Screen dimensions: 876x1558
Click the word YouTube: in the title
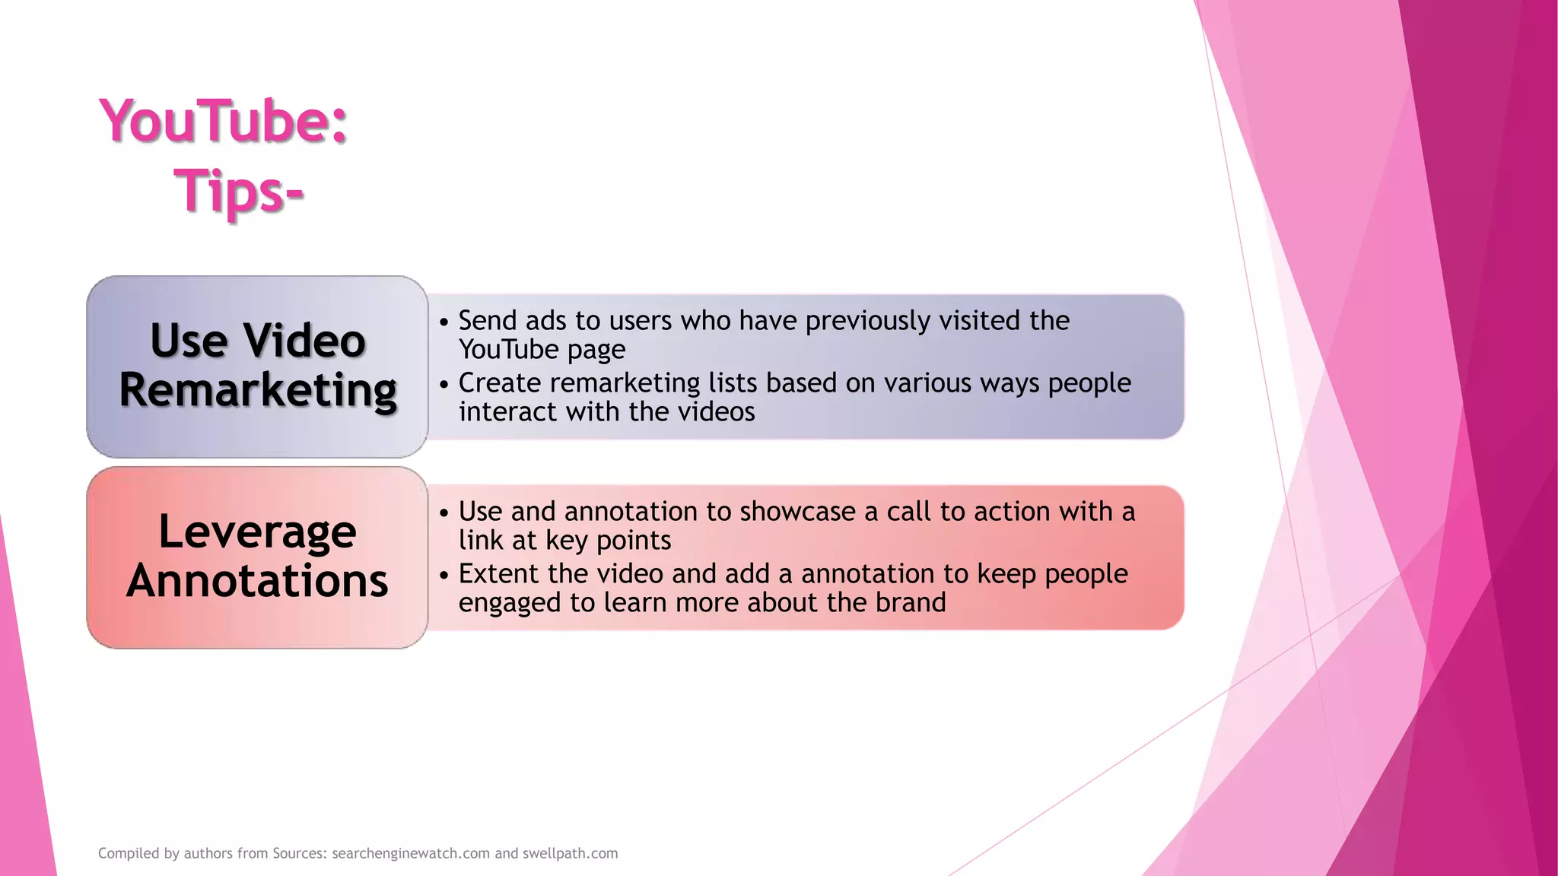[224, 122]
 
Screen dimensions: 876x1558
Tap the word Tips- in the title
[239, 191]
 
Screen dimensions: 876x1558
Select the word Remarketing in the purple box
[258, 391]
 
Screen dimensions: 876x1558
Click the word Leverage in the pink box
[257, 532]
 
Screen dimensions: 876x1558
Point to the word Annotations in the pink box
[257, 581]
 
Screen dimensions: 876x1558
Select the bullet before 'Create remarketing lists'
[444, 385]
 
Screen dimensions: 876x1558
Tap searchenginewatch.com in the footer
[411, 853]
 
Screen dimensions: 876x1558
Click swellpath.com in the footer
[570, 853]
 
